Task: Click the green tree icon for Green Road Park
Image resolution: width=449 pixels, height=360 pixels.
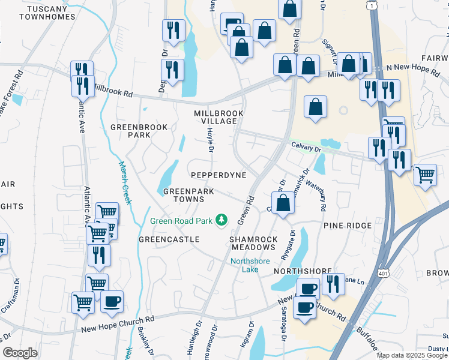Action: click(222, 221)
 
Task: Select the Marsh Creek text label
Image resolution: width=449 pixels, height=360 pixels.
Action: click(125, 182)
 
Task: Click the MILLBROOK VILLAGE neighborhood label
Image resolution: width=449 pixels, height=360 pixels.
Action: click(218, 117)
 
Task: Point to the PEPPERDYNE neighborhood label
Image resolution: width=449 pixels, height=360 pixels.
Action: click(218, 175)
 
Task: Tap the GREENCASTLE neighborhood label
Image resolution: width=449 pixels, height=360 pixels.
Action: click(169, 239)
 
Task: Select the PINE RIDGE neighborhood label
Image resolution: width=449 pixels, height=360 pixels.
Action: click(349, 226)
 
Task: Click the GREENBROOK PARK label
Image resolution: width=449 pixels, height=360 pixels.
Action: click(130, 131)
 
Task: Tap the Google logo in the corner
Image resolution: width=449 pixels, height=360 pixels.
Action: click(20, 353)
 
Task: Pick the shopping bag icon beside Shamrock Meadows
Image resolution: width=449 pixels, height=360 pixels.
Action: click(284, 202)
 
